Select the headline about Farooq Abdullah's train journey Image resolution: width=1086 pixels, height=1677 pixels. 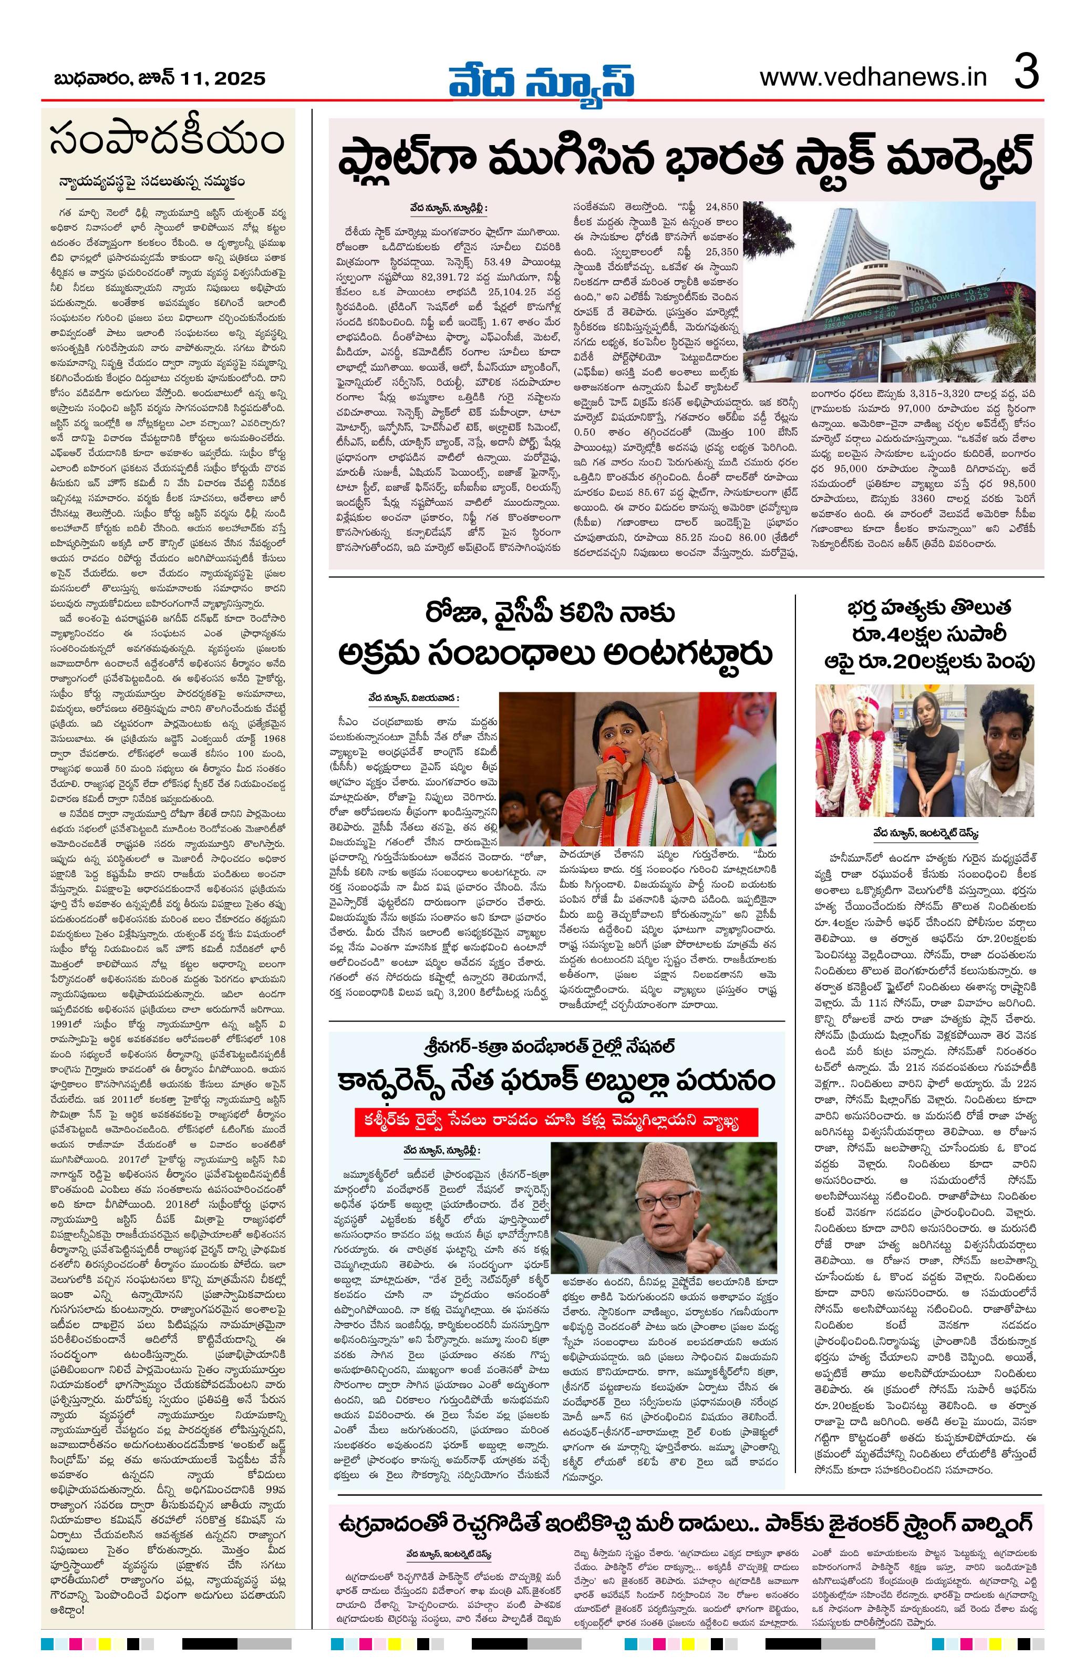[556, 1079]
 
